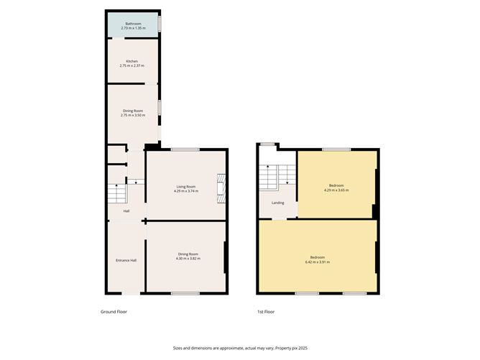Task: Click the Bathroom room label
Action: [x=133, y=24]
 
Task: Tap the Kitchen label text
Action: [x=131, y=62]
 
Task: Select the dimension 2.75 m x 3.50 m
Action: [x=132, y=115]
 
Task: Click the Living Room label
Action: [x=185, y=187]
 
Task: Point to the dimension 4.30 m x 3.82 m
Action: [x=187, y=258]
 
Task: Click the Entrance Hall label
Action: [x=126, y=259]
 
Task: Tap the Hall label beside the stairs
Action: [x=126, y=211]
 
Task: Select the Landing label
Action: [x=277, y=203]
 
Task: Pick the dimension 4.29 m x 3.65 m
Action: [x=336, y=190]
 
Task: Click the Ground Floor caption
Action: [x=114, y=312]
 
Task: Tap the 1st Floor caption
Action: [x=265, y=312]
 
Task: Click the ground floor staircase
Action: [x=117, y=194]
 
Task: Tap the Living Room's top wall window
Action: [x=185, y=149]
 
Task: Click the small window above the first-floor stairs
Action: [x=267, y=144]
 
